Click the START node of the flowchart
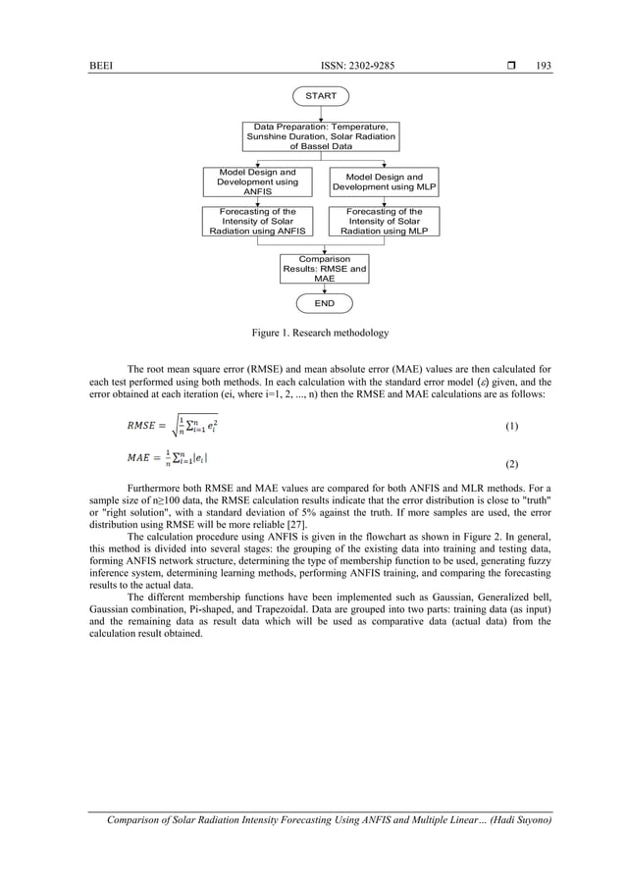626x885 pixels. [321, 96]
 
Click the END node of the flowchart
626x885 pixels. [324, 303]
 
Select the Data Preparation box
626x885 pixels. [321, 136]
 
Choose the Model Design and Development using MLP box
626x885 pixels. [384, 182]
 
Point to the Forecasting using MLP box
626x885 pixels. [384, 222]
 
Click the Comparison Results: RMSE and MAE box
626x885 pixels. [324, 269]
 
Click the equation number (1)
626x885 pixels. [510, 428]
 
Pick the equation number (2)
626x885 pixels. [510, 461]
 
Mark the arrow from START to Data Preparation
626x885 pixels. [321, 113]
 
